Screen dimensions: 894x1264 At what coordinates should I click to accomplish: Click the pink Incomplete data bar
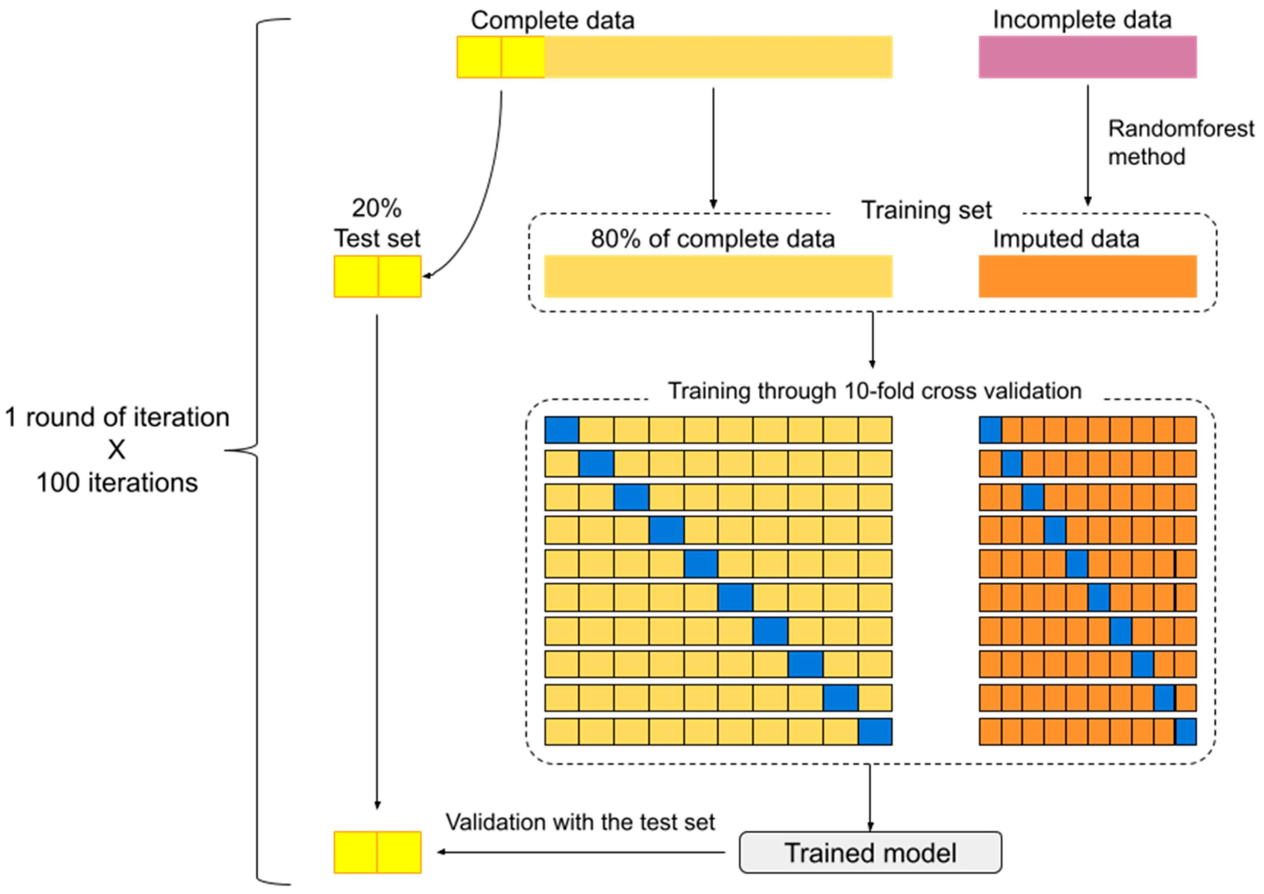(1087, 57)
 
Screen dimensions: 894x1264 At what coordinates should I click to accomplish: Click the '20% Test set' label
(377, 223)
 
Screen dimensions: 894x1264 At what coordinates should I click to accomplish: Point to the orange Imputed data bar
(1087, 276)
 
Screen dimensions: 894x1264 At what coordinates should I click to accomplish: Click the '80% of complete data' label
(713, 239)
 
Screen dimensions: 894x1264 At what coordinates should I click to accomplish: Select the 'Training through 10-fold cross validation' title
(874, 391)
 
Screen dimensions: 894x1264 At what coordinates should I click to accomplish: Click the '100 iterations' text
(117, 483)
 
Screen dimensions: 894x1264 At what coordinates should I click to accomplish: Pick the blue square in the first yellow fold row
(562, 430)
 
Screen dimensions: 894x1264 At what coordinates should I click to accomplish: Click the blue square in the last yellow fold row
(875, 732)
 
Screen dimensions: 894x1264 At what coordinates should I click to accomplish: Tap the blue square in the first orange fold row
(990, 430)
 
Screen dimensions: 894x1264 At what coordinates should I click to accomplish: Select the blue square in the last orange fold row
(1186, 732)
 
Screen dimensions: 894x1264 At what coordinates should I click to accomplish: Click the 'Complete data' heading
(552, 20)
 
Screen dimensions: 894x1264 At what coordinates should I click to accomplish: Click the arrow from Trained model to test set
(581, 852)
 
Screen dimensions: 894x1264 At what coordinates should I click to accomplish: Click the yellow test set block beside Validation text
(377, 852)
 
